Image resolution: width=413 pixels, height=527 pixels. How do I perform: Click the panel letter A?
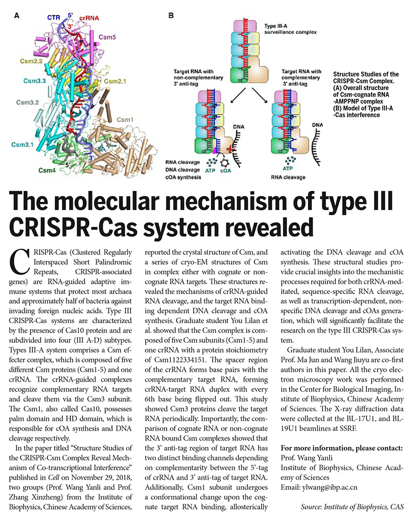(x=17, y=16)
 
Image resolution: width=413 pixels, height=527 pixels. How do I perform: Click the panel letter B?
(x=171, y=16)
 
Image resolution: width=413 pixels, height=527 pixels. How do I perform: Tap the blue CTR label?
(x=54, y=17)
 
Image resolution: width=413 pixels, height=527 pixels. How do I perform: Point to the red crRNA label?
(x=89, y=18)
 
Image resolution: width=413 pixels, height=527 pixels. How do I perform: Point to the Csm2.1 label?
(x=116, y=80)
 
